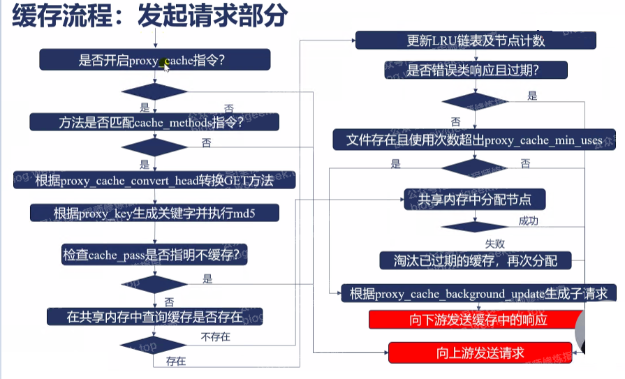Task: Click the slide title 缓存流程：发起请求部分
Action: coord(149,17)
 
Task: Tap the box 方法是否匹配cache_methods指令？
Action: coord(154,122)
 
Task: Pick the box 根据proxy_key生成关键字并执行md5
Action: coord(154,212)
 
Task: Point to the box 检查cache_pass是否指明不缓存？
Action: coord(155,255)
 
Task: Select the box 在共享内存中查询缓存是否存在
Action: coord(155,316)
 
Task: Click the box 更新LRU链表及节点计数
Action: coord(476,40)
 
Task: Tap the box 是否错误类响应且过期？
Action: coord(476,70)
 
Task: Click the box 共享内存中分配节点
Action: coord(475,199)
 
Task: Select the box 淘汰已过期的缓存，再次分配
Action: coord(475,260)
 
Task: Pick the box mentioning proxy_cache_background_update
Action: coord(478,293)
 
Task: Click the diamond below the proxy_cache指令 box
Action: coord(154,91)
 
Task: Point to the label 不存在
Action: coord(216,337)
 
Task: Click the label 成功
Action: coord(529,221)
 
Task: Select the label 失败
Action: coord(495,243)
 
